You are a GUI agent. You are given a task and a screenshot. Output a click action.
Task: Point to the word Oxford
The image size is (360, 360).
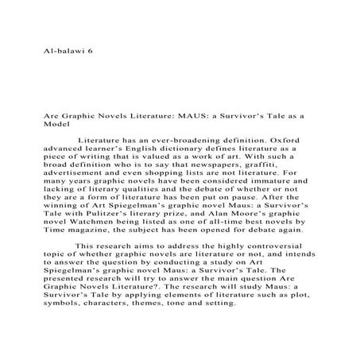(x=288, y=139)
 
